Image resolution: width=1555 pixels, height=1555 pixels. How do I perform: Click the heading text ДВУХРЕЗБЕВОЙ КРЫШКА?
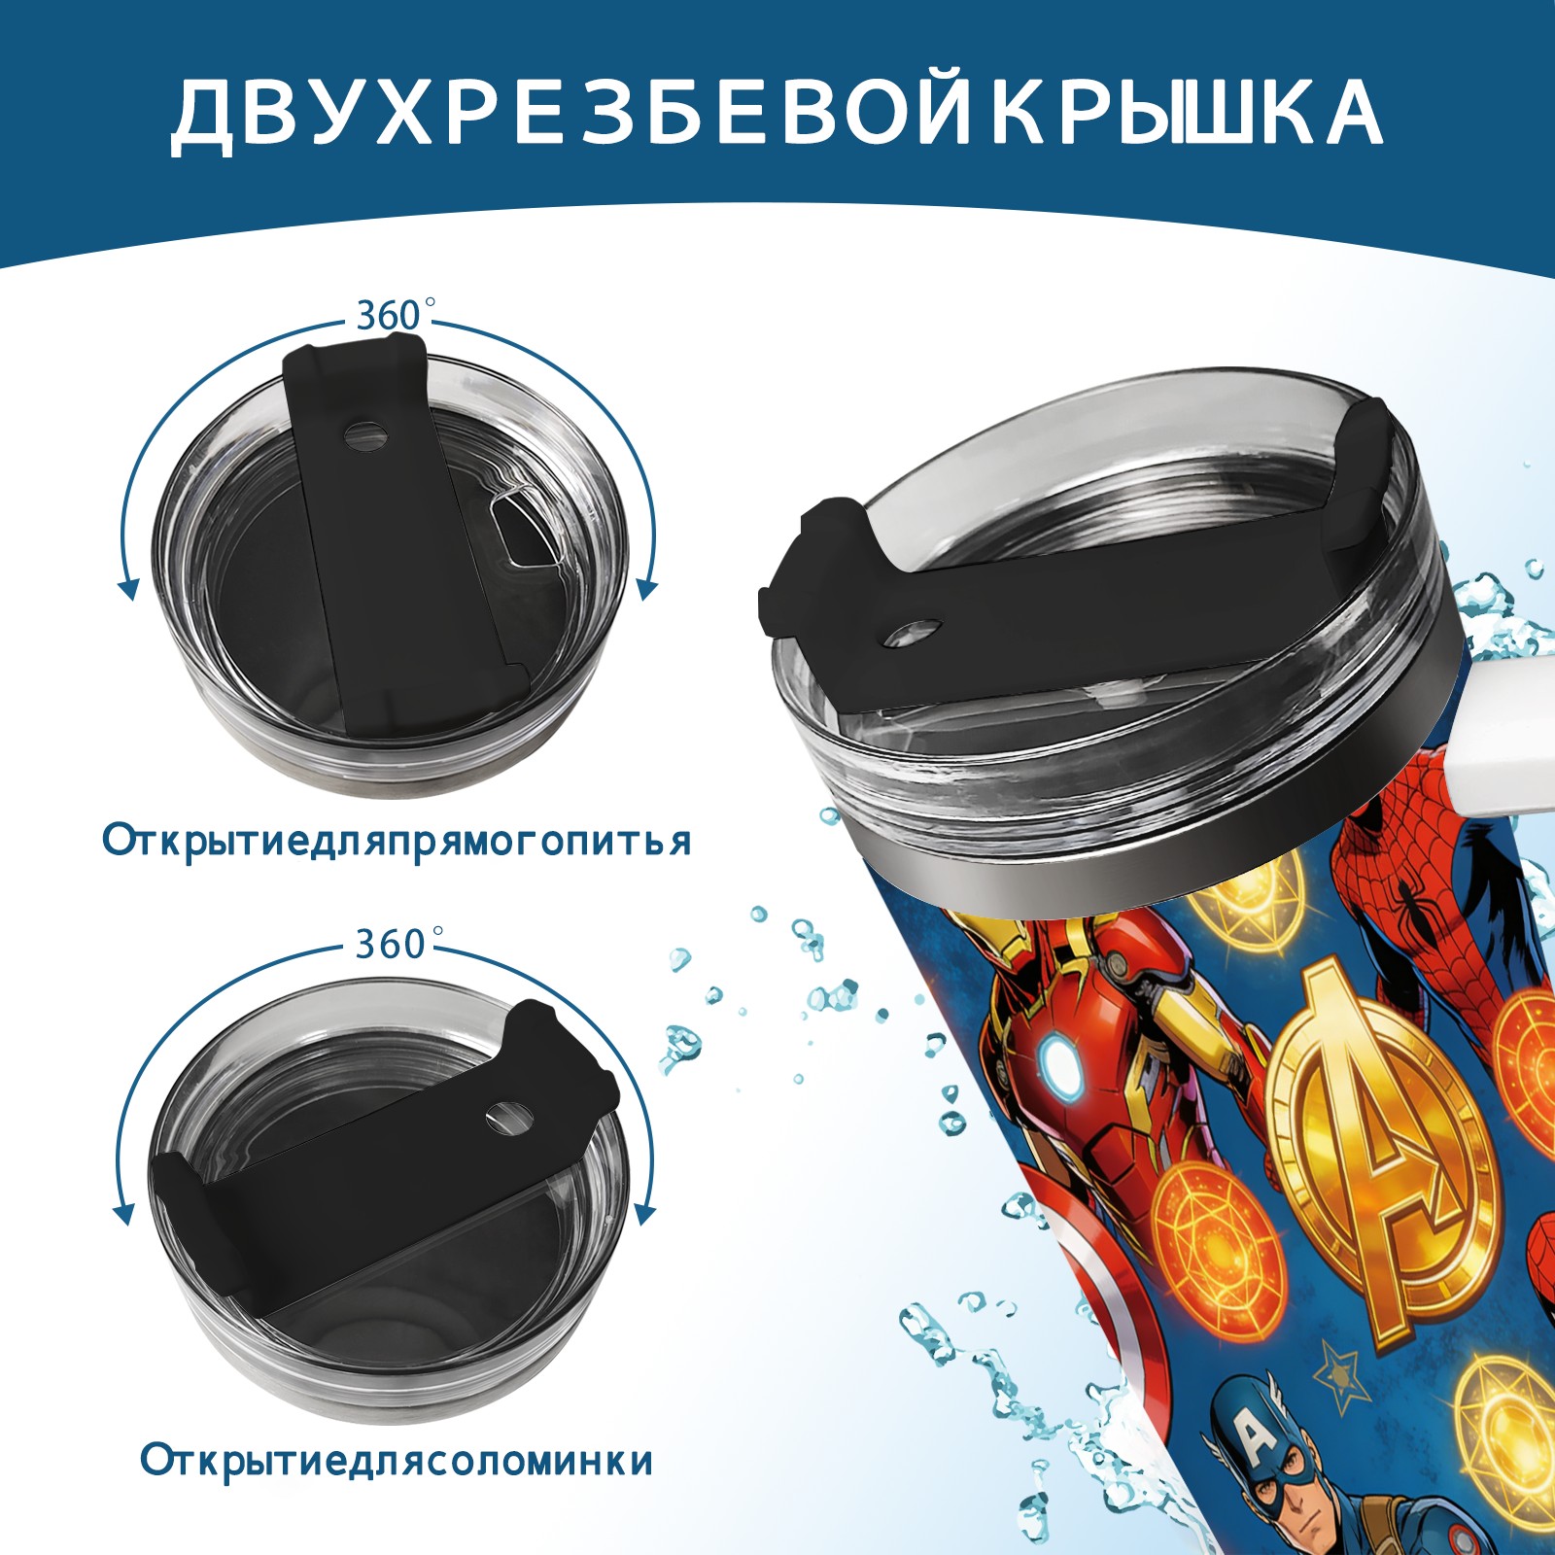point(777,113)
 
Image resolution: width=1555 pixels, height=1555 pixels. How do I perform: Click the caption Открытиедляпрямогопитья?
point(397,841)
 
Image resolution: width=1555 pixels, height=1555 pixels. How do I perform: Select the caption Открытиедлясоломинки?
point(397,1488)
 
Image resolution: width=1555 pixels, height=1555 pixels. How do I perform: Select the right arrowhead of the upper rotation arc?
point(647,589)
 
